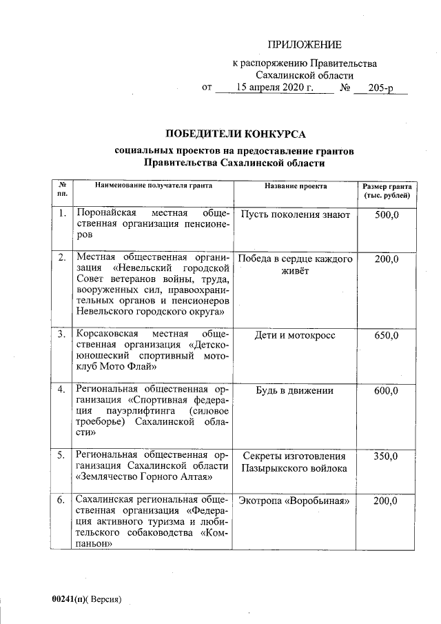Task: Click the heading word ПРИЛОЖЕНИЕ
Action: pos(305,46)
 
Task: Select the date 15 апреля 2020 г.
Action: pos(275,88)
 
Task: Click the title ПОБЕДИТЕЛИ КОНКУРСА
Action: pos(234,133)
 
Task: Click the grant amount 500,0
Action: pos(386,215)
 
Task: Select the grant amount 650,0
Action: pos(386,336)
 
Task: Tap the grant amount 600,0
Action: pos(386,391)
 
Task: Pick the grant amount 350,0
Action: pos(386,456)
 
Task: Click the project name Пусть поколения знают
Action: pos(296,215)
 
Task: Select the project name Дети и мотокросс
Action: pos(296,336)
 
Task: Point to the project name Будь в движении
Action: pos(296,391)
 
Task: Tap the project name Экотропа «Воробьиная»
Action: pos(296,501)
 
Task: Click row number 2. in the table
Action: pos(62,259)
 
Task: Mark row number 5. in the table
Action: pos(62,456)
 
